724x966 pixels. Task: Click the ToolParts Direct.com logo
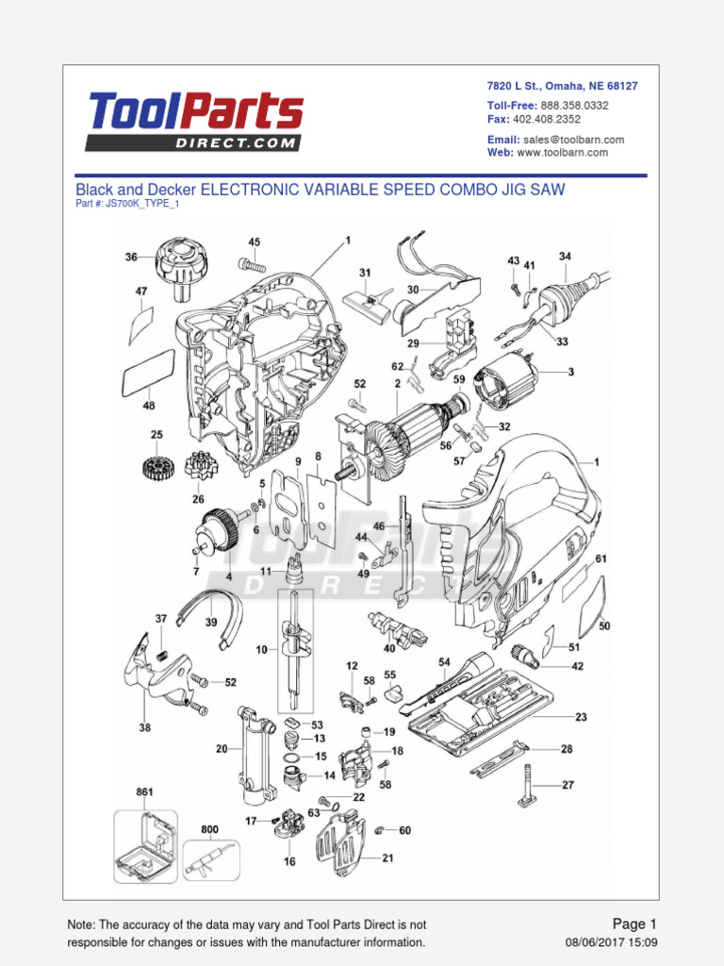pos(196,122)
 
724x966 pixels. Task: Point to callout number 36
pos(131,257)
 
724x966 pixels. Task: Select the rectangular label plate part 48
pos(148,375)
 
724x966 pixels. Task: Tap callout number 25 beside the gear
pos(156,435)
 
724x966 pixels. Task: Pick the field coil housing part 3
pos(505,381)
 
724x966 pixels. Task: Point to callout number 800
pos(209,830)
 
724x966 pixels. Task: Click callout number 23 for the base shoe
pos(581,717)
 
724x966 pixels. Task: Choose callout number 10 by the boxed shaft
pos(260,649)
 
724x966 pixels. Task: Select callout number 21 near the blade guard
pos(387,858)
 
